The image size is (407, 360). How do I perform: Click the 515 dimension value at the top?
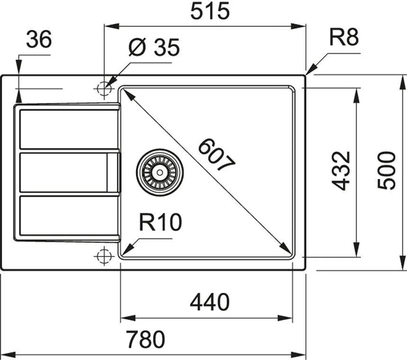210,12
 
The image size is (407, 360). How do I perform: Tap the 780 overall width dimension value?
146,340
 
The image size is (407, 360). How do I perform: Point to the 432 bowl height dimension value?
341,171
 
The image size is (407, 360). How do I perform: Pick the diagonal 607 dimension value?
216,156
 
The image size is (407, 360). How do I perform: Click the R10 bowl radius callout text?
160,223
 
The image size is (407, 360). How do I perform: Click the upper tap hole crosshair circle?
103,88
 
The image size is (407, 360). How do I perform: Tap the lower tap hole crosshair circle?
103,255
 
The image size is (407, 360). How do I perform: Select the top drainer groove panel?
69,129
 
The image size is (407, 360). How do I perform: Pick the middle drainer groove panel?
64,172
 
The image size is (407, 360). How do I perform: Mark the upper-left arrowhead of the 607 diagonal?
125,92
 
